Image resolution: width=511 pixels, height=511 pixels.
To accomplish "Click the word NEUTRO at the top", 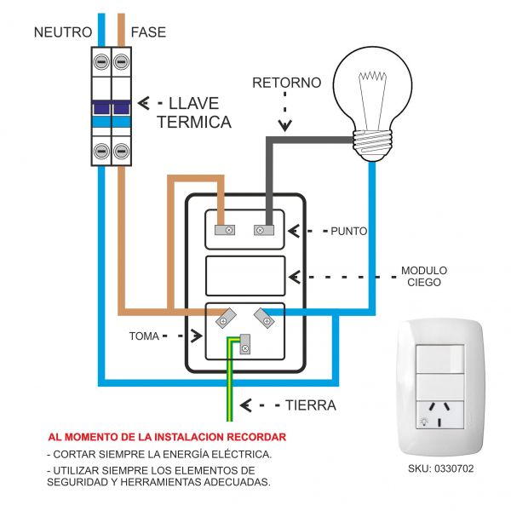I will [x=62, y=33].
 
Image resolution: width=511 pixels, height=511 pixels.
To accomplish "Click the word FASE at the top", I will [x=148, y=33].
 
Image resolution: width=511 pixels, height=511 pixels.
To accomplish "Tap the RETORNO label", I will [x=287, y=83].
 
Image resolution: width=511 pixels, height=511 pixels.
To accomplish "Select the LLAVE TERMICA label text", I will [x=194, y=112].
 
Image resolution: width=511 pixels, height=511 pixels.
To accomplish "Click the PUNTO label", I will [x=348, y=231].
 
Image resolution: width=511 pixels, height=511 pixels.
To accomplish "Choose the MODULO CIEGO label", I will [x=424, y=277].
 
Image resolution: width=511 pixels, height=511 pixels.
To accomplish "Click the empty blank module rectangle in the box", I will [x=245, y=276].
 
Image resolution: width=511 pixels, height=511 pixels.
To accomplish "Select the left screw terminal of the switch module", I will [x=228, y=229].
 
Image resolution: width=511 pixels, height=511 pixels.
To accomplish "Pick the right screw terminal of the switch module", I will [x=263, y=229].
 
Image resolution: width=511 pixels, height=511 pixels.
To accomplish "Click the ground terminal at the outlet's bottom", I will [x=245, y=344].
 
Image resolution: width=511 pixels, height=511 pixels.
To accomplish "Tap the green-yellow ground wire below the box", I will [x=230, y=392].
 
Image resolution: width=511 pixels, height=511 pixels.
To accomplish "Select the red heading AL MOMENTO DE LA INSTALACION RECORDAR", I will [x=167, y=437].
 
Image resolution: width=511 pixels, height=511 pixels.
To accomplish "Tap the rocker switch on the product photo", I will [x=439, y=360].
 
